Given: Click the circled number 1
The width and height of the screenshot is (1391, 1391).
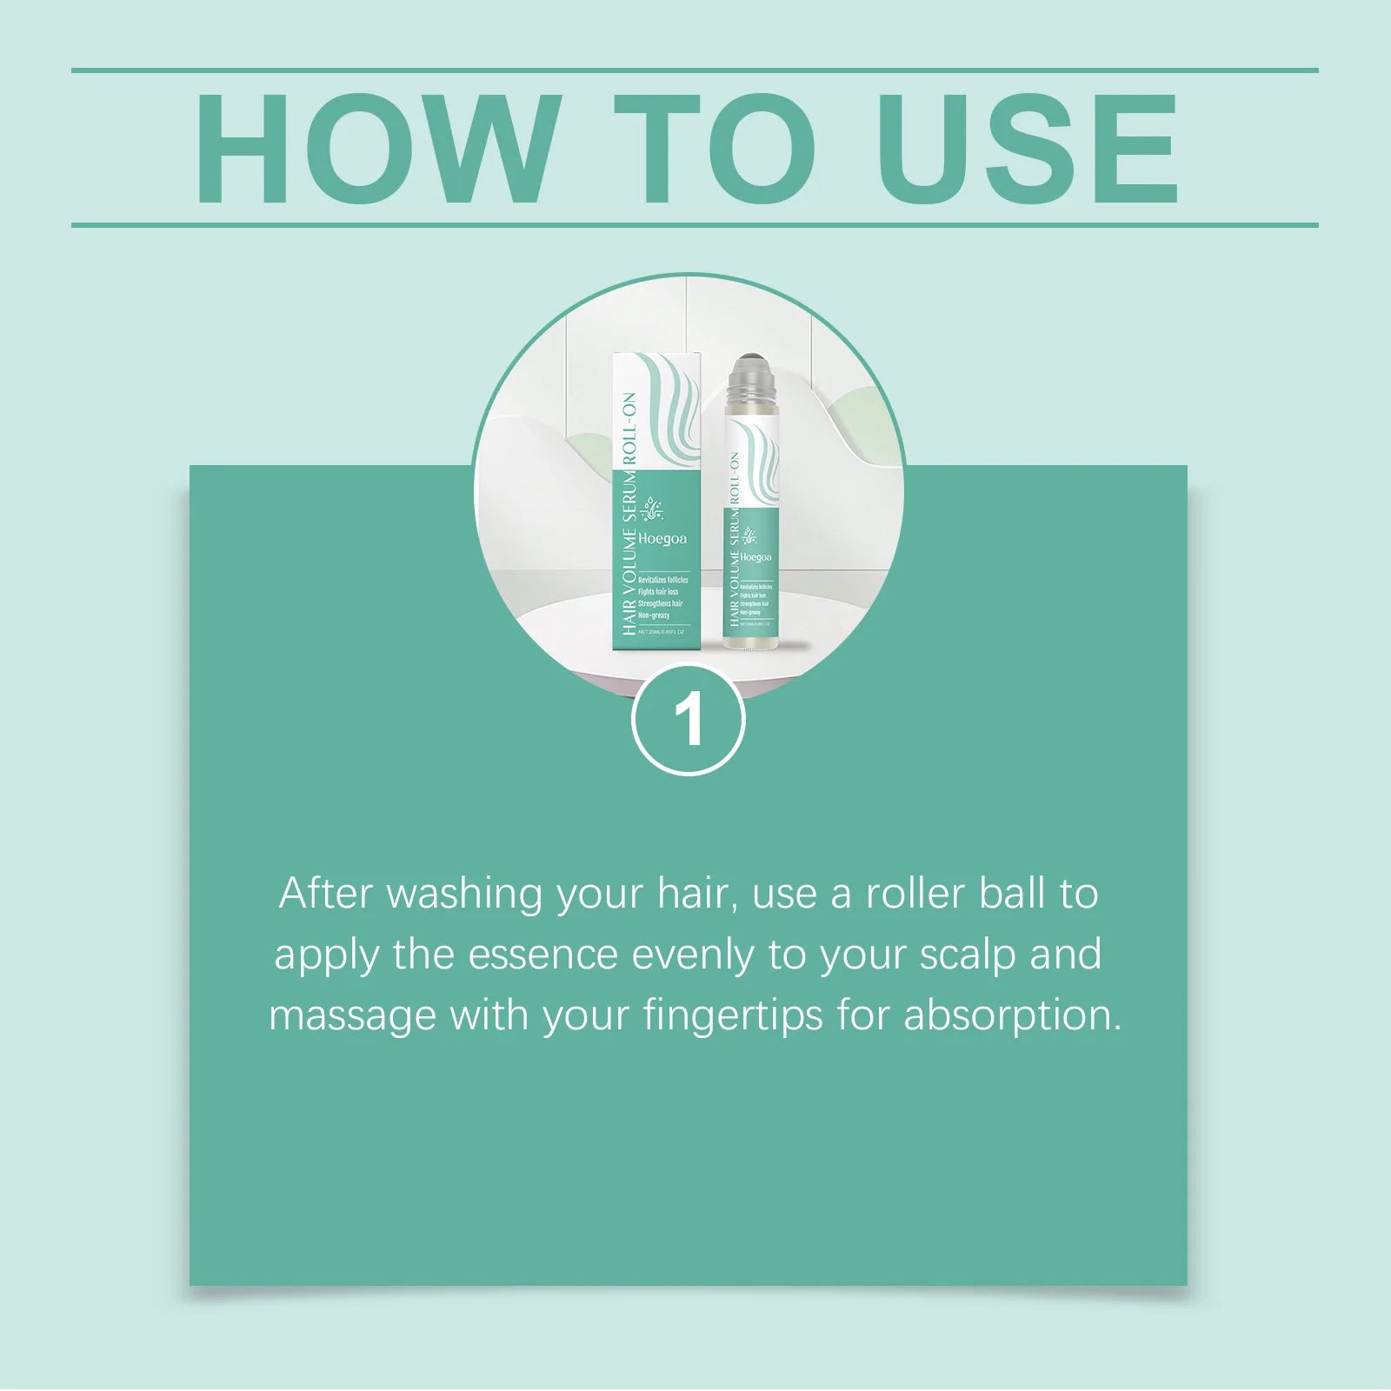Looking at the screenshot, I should point(689,719).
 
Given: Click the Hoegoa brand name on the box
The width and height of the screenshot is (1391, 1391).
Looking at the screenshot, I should point(662,539).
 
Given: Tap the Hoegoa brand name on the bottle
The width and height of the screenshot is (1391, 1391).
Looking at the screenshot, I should point(755,557).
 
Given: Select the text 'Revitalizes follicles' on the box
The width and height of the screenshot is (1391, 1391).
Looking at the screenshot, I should point(662,580).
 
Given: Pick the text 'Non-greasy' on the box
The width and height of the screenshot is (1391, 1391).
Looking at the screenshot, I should point(654,616).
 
